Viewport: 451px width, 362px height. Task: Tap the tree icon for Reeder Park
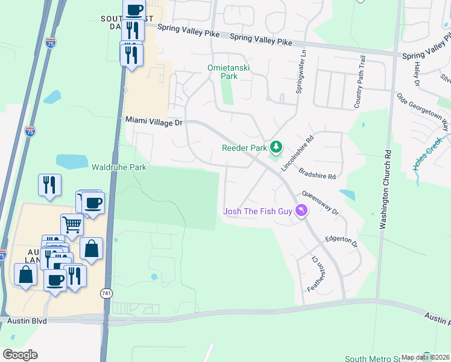(276, 147)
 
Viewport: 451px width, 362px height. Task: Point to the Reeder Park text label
(244, 148)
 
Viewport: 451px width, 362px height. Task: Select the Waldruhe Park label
(119, 167)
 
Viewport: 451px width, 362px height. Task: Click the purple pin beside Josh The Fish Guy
(301, 211)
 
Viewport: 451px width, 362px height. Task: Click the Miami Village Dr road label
(154, 121)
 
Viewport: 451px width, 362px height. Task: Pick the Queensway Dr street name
(321, 204)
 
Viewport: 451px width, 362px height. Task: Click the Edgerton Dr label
(342, 242)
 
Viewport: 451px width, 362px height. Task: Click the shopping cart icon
(72, 224)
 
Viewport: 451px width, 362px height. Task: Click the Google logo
(20, 355)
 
